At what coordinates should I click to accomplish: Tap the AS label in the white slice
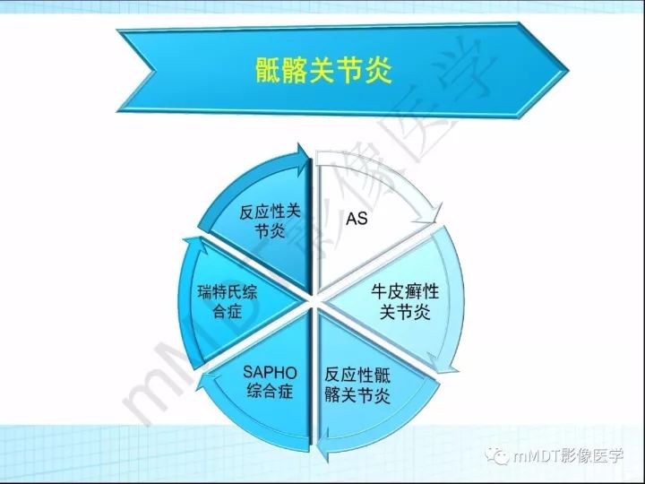coord(357,219)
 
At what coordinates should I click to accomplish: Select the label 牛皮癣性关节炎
coord(404,302)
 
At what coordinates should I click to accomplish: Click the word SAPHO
coord(270,372)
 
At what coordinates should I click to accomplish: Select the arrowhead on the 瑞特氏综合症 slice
coord(186,242)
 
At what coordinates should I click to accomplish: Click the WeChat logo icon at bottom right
coord(497,457)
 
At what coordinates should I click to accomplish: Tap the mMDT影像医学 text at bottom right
coord(568,457)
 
